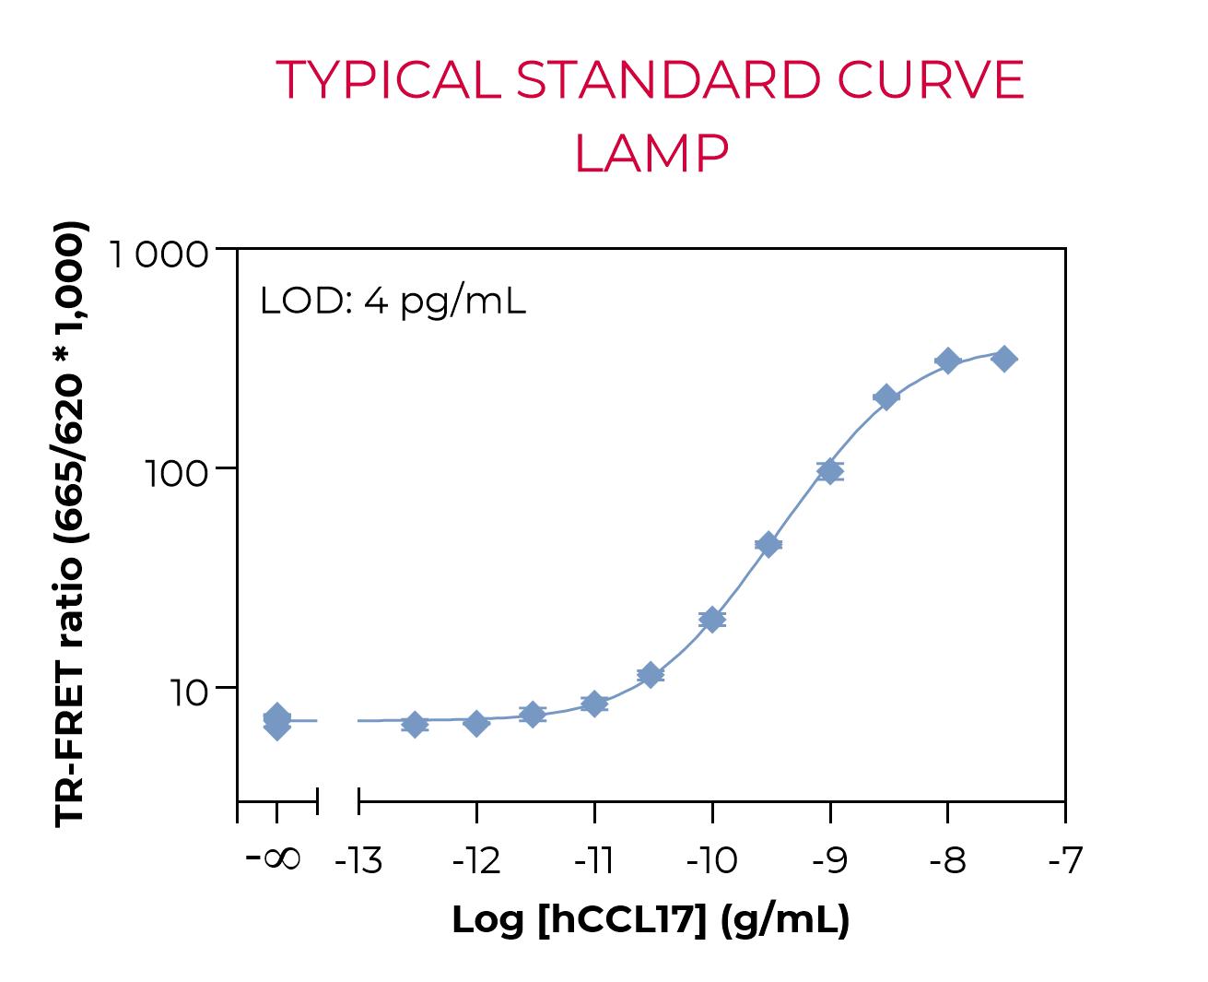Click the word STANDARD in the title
point(667,80)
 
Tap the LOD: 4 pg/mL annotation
point(393,301)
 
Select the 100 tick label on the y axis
point(180,472)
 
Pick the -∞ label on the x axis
point(275,859)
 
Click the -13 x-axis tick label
point(358,861)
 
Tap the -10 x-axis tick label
point(711,861)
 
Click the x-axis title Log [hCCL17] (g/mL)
point(651,919)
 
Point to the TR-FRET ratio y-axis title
point(71,524)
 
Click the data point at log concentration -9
point(830,471)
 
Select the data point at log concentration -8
point(947,361)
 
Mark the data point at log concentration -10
point(712,619)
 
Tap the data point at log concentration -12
point(476,722)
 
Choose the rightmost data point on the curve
point(1005,359)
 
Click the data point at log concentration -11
point(594,704)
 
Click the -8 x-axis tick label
point(947,861)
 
